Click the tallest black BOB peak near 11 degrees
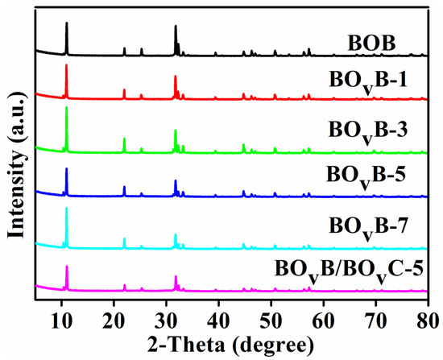(x=67, y=24)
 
